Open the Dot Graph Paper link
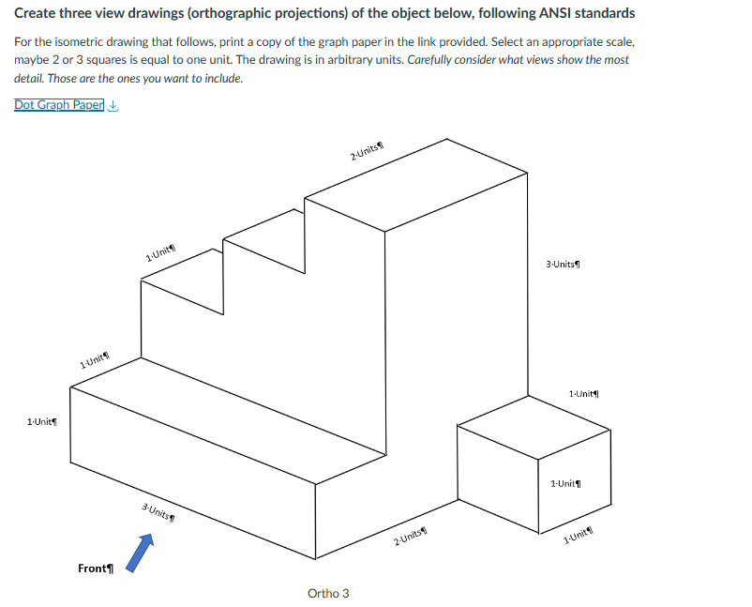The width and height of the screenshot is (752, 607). pyautogui.click(x=58, y=104)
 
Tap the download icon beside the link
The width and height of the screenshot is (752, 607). pyautogui.click(x=113, y=105)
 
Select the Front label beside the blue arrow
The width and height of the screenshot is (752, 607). pyautogui.click(x=95, y=569)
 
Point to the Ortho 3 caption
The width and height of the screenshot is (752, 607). pyautogui.click(x=328, y=593)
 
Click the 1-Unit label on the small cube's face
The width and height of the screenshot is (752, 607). pyautogui.click(x=565, y=483)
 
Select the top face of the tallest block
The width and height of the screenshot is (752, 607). pyautogui.click(x=417, y=183)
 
